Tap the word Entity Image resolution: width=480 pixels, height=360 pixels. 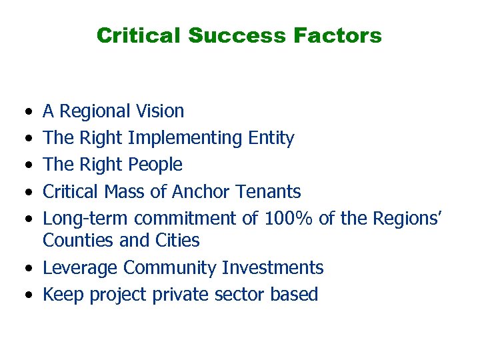point(271,138)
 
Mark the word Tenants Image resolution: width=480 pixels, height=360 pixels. point(267,192)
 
